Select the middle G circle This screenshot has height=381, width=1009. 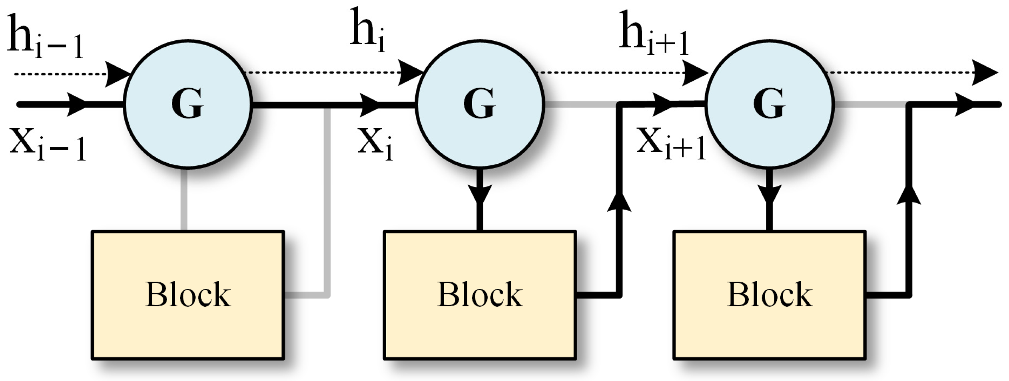click(480, 105)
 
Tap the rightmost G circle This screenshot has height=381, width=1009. click(770, 105)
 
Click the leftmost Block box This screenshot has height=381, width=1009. click(188, 295)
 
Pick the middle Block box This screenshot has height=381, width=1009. click(480, 295)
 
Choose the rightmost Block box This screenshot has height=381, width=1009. click(770, 295)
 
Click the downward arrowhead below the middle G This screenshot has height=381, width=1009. click(480, 195)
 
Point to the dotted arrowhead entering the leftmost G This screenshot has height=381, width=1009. click(117, 74)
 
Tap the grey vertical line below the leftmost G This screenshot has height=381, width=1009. click(184, 200)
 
